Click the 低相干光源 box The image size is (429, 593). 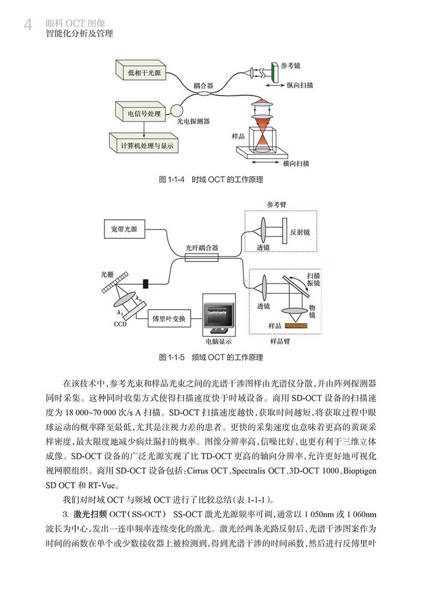pyautogui.click(x=144, y=74)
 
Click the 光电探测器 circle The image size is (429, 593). pyautogui.click(x=179, y=109)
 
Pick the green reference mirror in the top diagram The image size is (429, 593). pyautogui.click(x=275, y=72)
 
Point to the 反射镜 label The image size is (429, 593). pyautogui.click(x=300, y=232)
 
